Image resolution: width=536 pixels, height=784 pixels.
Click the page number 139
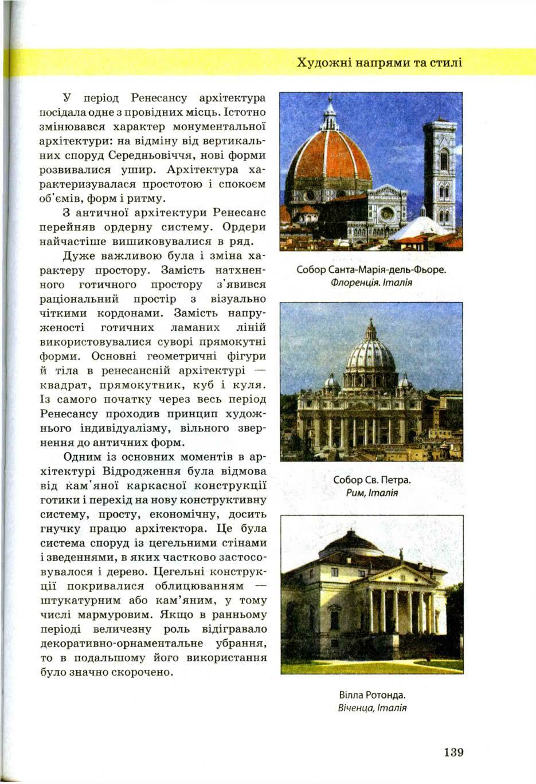[x=452, y=751]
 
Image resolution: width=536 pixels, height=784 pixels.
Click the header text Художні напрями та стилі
[x=379, y=62]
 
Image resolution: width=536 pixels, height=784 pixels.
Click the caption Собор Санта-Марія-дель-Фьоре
[x=371, y=269]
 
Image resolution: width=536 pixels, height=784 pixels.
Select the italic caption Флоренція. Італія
[x=371, y=282]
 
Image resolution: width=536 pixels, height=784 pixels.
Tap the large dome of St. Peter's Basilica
[x=370, y=355]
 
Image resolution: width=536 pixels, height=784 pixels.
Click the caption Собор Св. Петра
[x=372, y=479]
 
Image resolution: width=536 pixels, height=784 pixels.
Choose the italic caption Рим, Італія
[x=372, y=493]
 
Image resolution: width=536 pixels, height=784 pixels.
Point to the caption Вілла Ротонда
[x=372, y=695]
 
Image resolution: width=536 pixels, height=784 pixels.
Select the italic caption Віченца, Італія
[x=372, y=708]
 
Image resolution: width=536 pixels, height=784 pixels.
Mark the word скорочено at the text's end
[x=143, y=672]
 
